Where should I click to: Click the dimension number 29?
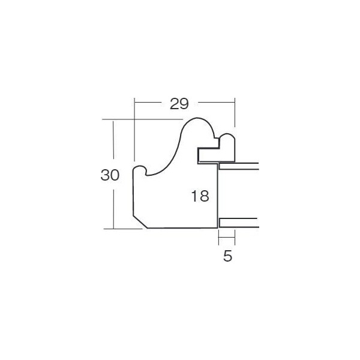point(179,104)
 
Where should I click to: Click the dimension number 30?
point(110,175)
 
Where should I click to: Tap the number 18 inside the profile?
point(200,196)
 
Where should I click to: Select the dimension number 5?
point(228,256)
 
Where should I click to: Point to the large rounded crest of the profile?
point(197,118)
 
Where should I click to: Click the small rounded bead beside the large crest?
point(227,134)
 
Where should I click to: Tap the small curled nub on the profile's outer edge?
point(140,167)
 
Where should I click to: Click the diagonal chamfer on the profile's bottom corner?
point(140,222)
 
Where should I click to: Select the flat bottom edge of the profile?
point(182,228)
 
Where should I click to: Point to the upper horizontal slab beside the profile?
point(239,166)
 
